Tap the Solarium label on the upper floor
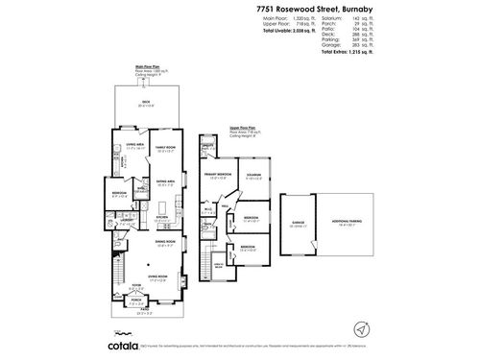(x=254, y=175)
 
